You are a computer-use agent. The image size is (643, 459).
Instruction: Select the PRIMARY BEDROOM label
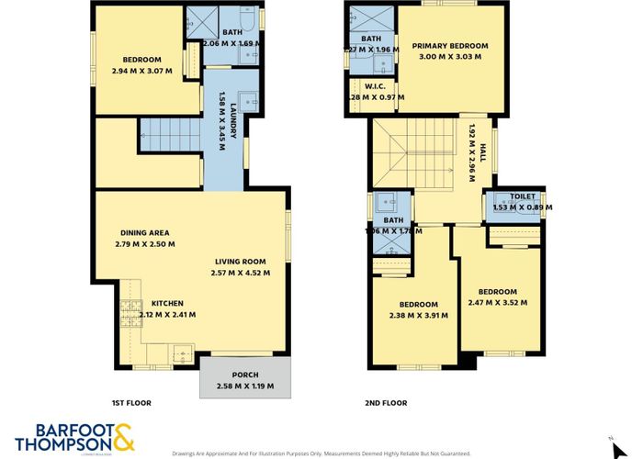[x=449, y=46]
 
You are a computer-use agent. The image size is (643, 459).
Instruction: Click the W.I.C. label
[x=373, y=87]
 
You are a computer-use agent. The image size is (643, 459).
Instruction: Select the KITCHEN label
[x=167, y=303]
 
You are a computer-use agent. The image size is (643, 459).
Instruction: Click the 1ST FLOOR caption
[x=130, y=403]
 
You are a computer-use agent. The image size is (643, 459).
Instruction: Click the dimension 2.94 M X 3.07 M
[x=141, y=70]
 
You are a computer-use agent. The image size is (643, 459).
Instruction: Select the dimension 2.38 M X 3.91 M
[x=418, y=315]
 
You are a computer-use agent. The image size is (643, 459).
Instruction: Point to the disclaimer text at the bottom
[x=321, y=453]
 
